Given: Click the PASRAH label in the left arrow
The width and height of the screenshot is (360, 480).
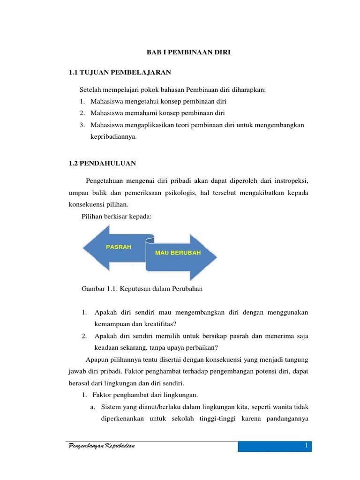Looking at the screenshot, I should tap(119, 247).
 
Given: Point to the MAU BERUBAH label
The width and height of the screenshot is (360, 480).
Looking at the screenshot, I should tap(178, 253).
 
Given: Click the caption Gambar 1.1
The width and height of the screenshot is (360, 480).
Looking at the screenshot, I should tap(142, 289).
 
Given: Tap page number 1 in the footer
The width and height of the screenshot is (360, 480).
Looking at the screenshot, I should tap(305, 446).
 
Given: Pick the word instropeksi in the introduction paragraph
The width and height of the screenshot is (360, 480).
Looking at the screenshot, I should tap(288, 181).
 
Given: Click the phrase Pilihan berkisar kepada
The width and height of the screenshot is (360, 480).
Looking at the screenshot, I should tap(116, 216).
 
